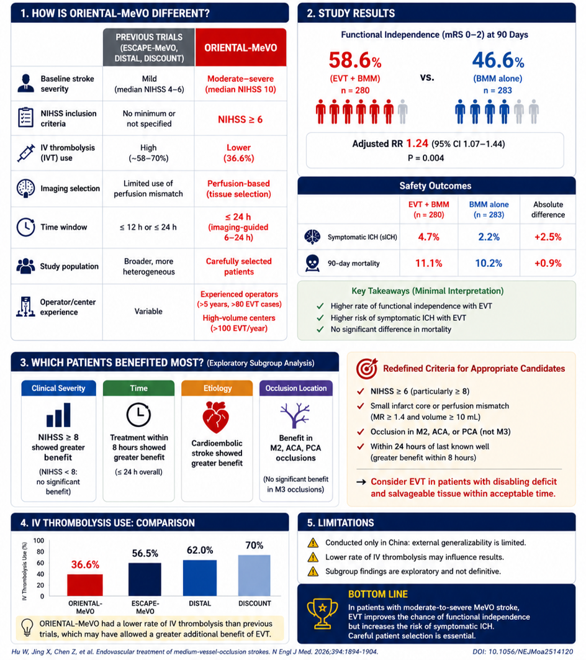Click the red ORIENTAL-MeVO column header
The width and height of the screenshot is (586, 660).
[x=240, y=48]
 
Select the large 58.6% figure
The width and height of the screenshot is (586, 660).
[x=355, y=60]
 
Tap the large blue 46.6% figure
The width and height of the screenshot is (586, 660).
[x=498, y=60]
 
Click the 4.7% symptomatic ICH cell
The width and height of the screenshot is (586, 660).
[x=428, y=237]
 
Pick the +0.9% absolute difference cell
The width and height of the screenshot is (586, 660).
[x=548, y=263]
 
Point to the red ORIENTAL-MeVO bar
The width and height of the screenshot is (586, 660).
[x=85, y=585]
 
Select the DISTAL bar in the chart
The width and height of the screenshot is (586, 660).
[x=200, y=578]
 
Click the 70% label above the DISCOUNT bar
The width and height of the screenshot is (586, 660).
[x=255, y=546]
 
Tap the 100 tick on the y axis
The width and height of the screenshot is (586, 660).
[x=38, y=540]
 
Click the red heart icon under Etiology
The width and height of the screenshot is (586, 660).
[x=215, y=417]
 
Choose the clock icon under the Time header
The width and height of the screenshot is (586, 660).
[x=138, y=415]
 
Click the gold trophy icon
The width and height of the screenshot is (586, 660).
[x=322, y=613]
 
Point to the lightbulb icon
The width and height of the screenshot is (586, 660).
[x=27, y=628]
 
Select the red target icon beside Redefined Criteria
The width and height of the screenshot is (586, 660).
[x=367, y=369]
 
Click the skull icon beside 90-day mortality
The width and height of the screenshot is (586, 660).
[x=312, y=263]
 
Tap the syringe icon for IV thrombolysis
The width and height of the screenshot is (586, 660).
[x=26, y=153]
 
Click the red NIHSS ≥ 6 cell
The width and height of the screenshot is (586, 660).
[x=240, y=120]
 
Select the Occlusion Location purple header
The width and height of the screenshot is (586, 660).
[x=296, y=388]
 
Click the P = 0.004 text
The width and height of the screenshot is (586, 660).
[x=426, y=158]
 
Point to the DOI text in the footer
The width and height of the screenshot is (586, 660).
[x=523, y=651]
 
